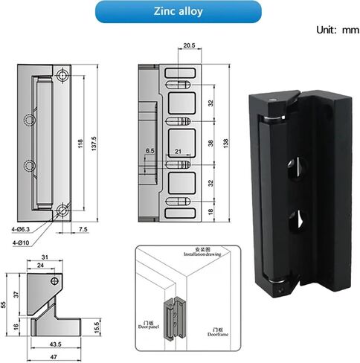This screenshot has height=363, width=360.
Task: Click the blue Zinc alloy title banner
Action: pyautogui.click(x=179, y=12)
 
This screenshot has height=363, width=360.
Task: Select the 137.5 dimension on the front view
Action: pyautogui.click(x=94, y=143)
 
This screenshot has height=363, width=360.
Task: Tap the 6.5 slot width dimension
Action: pyautogui.click(x=152, y=150)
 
